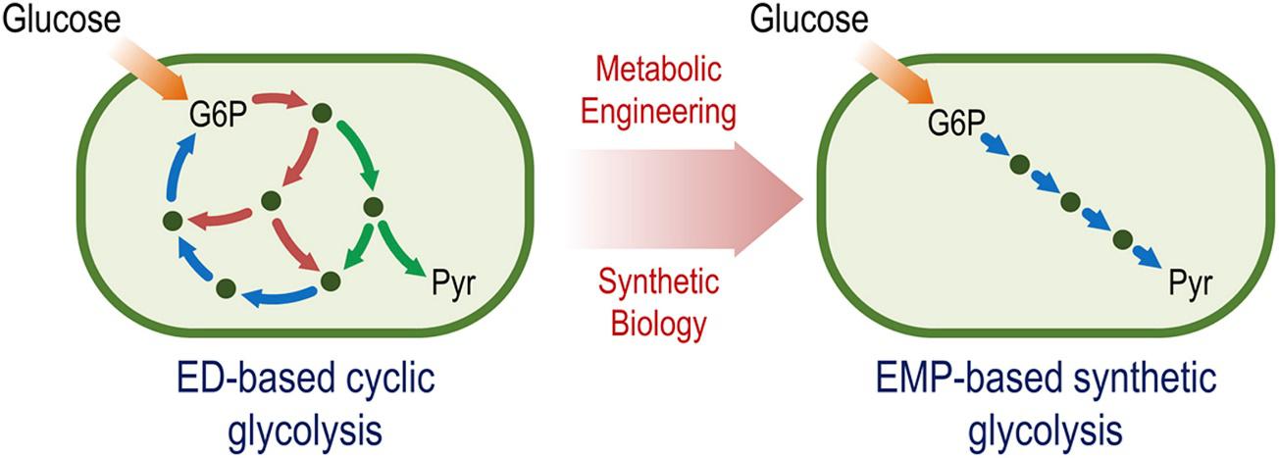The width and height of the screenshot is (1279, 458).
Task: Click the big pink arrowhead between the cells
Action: [765, 197]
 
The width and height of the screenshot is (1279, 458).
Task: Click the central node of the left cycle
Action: [272, 201]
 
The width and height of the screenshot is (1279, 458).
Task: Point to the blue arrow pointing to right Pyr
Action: [1146, 257]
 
